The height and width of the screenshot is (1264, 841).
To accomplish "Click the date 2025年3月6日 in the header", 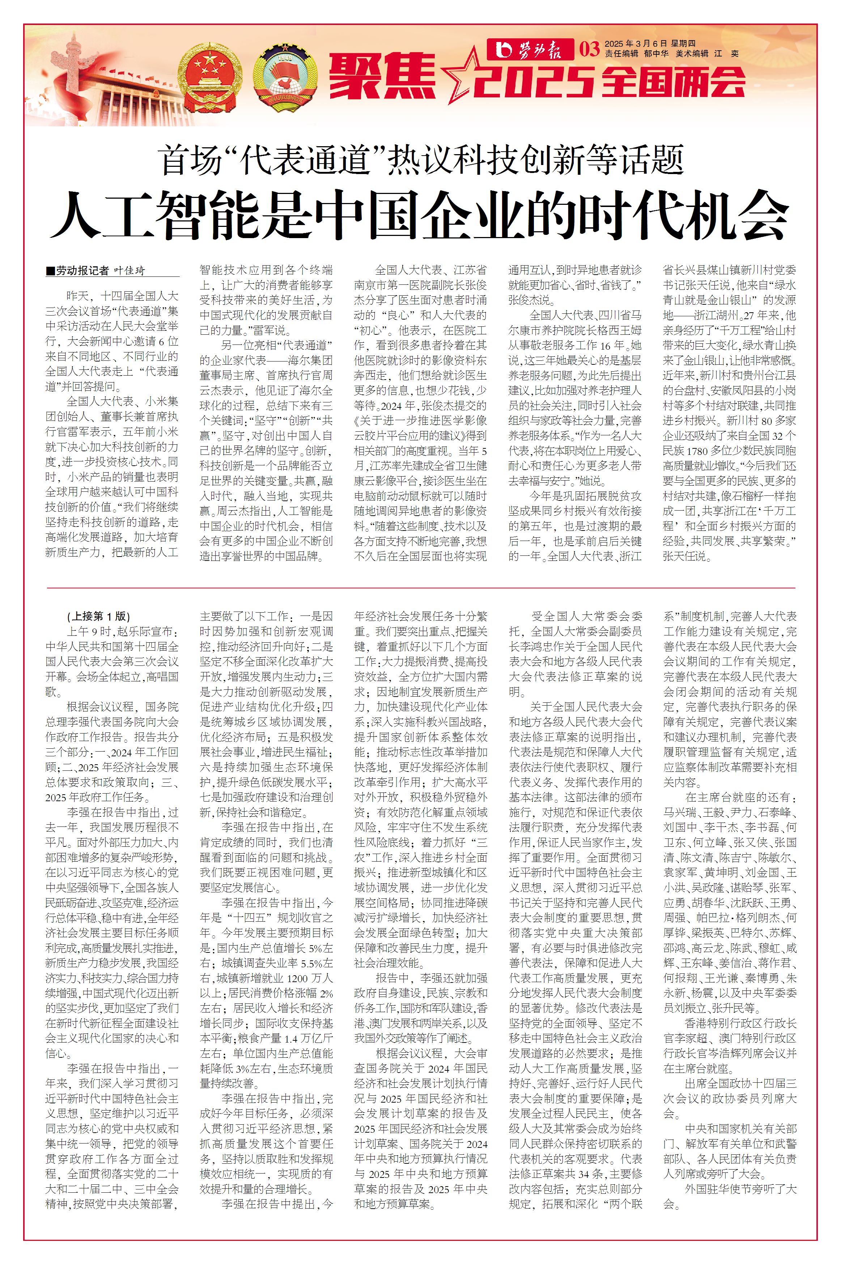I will coord(636,43).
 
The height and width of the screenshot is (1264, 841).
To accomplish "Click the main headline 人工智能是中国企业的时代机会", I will coord(420,214).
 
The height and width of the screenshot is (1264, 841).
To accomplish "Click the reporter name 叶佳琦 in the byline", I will coord(129,271).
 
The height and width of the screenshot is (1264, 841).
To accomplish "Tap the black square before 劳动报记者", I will coord(50,271).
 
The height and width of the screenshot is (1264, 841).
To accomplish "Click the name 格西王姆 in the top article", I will coord(620,330).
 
